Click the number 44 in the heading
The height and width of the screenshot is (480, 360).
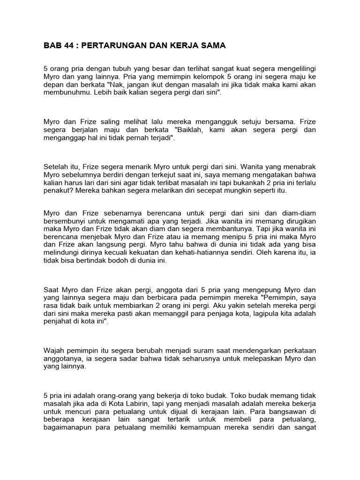click(66, 46)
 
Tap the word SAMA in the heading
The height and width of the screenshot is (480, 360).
click(212, 46)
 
